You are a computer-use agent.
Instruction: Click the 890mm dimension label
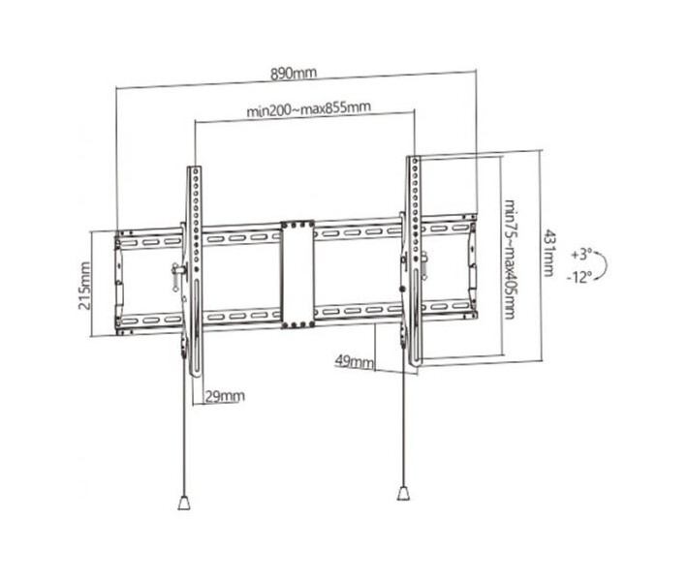[293, 74]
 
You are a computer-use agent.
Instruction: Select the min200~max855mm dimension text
[308, 108]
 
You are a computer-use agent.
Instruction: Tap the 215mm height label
[84, 286]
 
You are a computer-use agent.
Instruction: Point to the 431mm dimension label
[548, 254]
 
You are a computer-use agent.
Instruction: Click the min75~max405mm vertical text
[510, 260]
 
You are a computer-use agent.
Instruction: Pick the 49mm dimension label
[355, 361]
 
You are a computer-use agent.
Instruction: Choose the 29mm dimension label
[225, 396]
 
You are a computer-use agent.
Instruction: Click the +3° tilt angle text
[581, 254]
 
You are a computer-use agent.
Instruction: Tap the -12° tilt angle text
[579, 277]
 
